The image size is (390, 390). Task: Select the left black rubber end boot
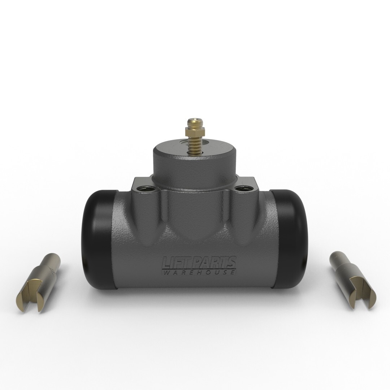(97, 238)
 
